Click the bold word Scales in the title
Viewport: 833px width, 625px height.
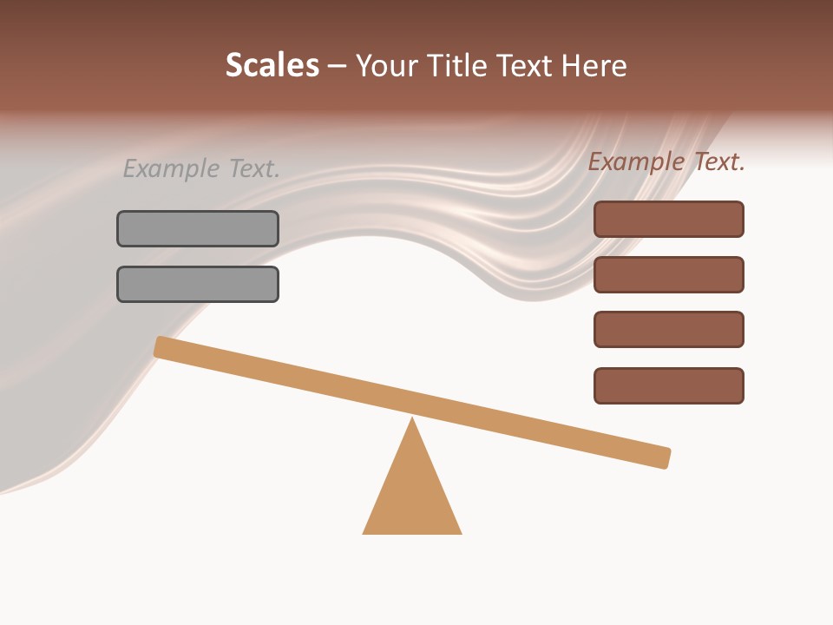[272, 66]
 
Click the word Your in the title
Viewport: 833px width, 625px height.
[385, 66]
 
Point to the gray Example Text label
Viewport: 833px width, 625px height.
[201, 168]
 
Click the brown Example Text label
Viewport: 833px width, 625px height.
[666, 161]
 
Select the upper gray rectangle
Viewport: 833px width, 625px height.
[198, 228]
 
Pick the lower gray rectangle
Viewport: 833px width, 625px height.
[198, 284]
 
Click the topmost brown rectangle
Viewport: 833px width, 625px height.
[668, 219]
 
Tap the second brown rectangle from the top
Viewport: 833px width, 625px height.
[668, 274]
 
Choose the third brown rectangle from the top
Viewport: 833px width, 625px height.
[668, 329]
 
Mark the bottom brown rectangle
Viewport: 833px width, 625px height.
[668, 385]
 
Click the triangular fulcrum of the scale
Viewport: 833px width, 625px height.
[412, 495]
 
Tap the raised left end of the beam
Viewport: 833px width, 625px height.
[161, 346]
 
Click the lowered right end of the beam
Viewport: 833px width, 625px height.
[663, 457]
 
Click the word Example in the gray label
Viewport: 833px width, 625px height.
[170, 168]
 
